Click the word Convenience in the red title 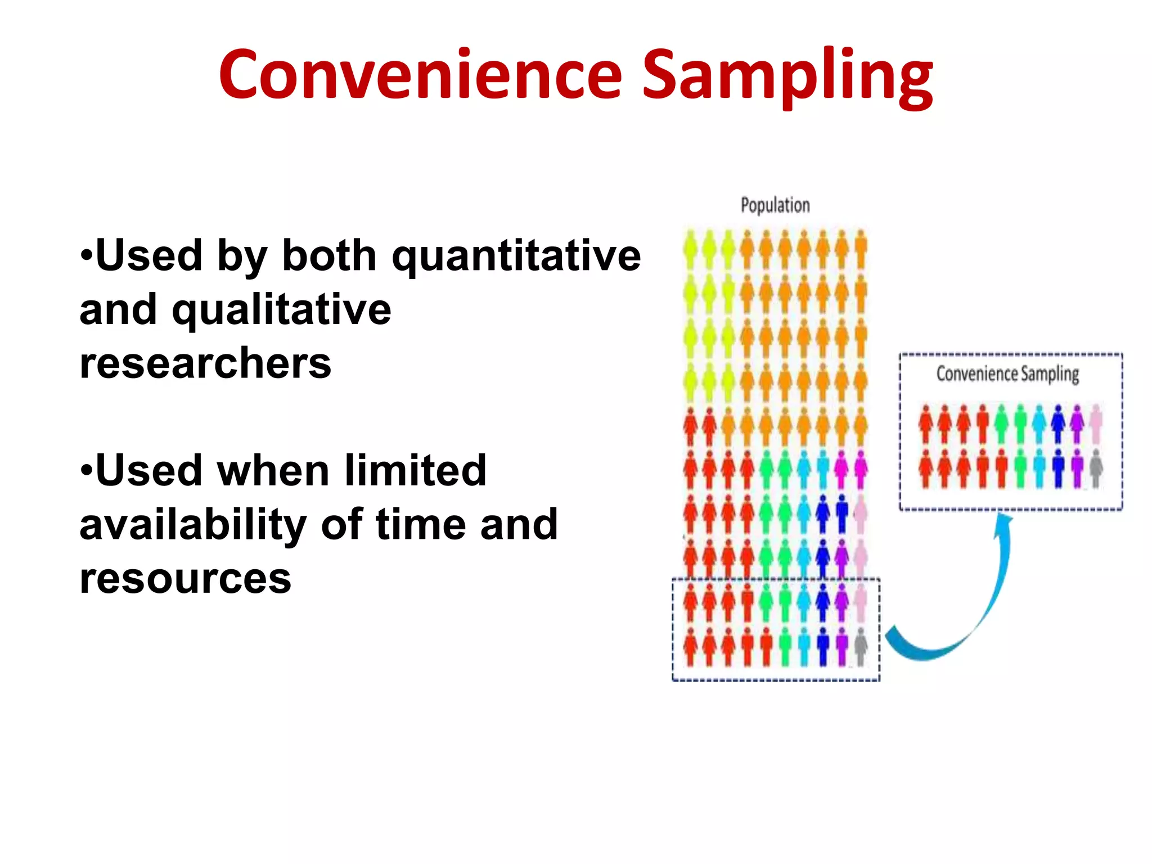(421, 74)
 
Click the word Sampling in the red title (787, 76)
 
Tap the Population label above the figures (775, 205)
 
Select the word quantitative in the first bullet (516, 256)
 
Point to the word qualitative (281, 310)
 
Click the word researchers (205, 363)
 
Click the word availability (193, 524)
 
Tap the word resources (185, 578)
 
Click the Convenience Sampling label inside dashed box (1007, 373)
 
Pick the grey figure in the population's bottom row (861, 647)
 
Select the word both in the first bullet (329, 256)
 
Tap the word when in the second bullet (273, 470)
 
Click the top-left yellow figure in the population (691, 249)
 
